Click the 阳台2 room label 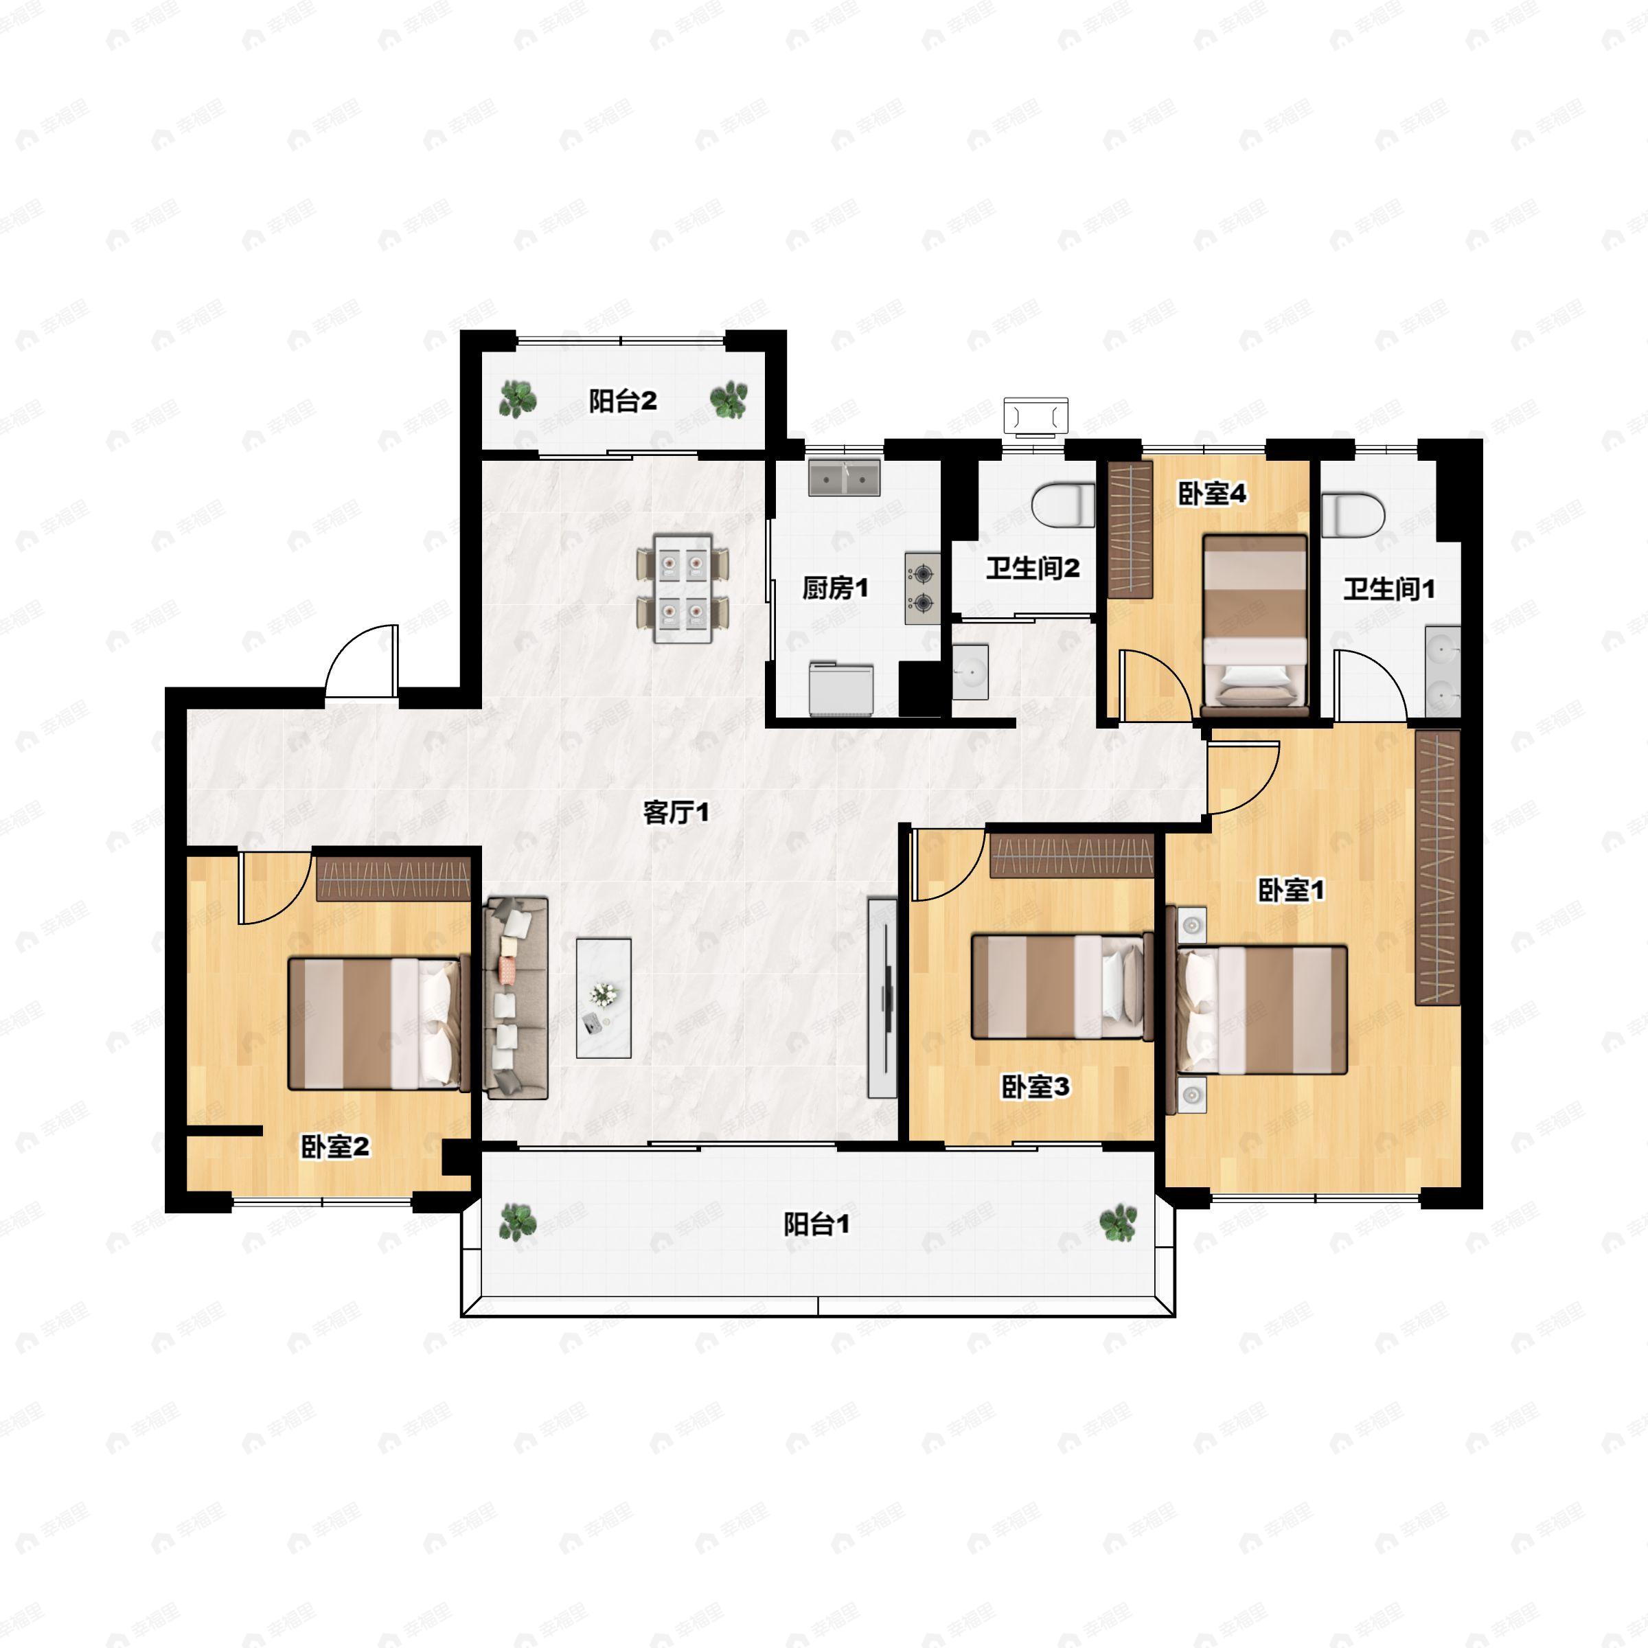(623, 400)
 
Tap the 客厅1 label (676, 812)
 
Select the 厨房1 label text (835, 587)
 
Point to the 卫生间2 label (1032, 568)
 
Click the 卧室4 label (1212, 493)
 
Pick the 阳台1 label (816, 1225)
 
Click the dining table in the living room (683, 588)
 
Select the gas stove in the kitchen (922, 588)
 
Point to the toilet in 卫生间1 (1353, 514)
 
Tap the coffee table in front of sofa (604, 998)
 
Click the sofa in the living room (515, 998)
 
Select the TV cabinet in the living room (882, 997)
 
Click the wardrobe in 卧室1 (1437, 867)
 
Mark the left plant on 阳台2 (517, 398)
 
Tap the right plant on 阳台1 (1117, 1222)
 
